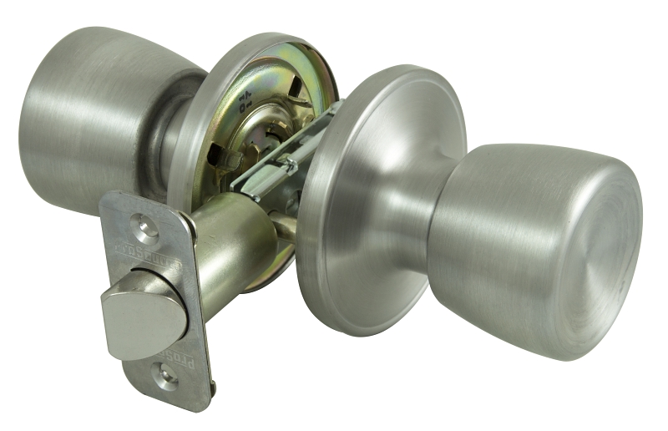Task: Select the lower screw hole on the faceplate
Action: (164, 378)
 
